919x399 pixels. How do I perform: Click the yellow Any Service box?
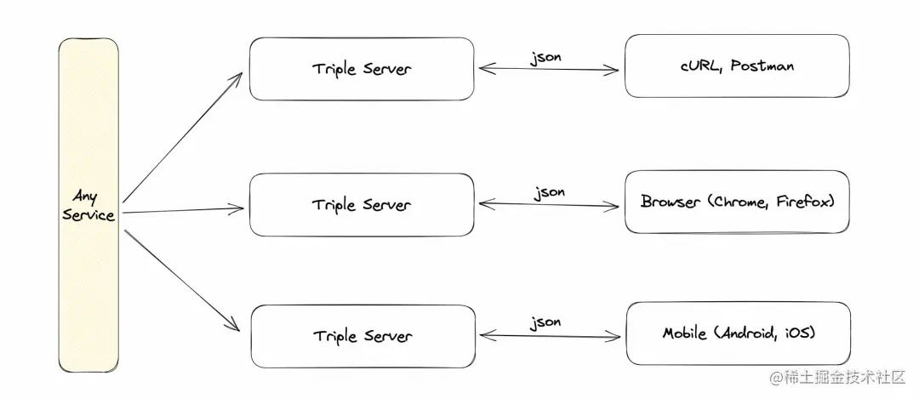[x=88, y=205]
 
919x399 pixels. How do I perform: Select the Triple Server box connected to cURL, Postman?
[x=362, y=69]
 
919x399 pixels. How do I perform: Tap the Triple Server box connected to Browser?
[x=362, y=204]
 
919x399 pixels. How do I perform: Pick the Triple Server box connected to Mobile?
[x=362, y=336]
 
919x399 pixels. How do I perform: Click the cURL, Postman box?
[x=737, y=66]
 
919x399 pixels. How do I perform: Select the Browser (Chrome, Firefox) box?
[x=737, y=202]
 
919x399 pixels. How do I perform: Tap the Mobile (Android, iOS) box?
[x=739, y=333]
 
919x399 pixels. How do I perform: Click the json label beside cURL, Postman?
[x=545, y=58]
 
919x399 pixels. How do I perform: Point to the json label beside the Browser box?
[x=549, y=193]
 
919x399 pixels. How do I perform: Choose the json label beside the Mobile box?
[x=545, y=322]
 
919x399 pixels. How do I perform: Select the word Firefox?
[x=802, y=202]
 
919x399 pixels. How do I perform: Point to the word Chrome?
[x=742, y=202]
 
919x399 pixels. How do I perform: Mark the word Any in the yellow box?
[x=86, y=196]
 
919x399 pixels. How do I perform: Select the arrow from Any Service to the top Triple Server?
[x=182, y=138]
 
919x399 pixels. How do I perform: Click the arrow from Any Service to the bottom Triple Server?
[x=182, y=281]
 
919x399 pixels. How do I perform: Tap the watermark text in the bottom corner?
[x=837, y=378]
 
